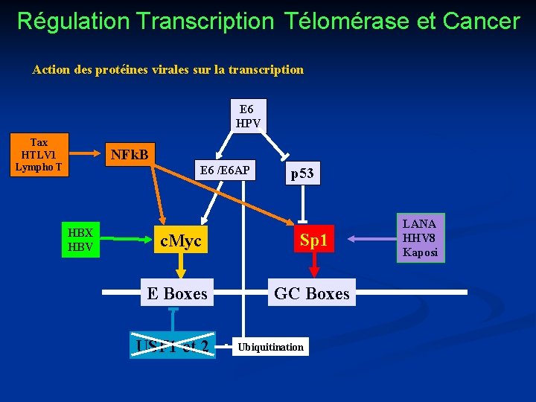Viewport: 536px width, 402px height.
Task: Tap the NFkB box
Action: (x=129, y=156)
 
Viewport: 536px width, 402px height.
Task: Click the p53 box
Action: (x=302, y=174)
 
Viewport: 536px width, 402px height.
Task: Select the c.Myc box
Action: (x=181, y=240)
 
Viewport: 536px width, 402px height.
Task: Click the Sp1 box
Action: (x=313, y=240)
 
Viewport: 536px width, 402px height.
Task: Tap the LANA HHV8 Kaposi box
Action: (x=421, y=238)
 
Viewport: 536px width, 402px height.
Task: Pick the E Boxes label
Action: (x=177, y=293)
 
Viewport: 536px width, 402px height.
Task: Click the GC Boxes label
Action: (x=311, y=293)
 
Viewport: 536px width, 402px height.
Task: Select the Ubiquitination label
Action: (x=270, y=347)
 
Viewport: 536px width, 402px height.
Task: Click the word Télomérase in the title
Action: (x=346, y=21)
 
